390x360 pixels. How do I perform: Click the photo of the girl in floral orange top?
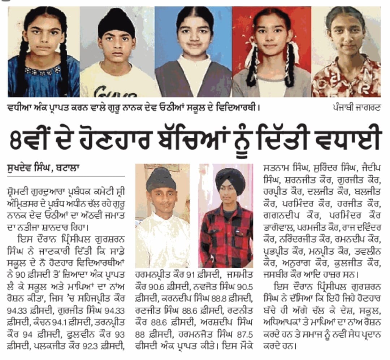point(346,52)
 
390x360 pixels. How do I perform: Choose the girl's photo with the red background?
point(272,52)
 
